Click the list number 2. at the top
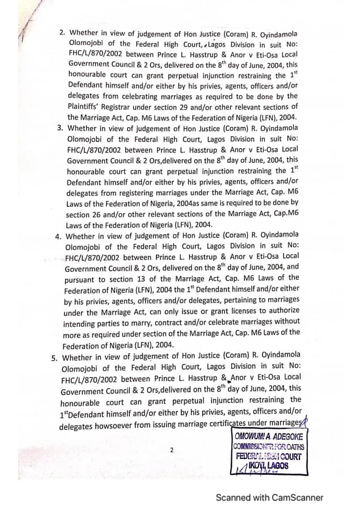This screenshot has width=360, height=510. [x=62, y=33]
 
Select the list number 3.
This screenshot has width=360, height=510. [x=60, y=128]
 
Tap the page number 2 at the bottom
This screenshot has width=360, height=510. [x=171, y=450]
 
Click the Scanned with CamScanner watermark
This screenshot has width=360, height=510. [x=269, y=498]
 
